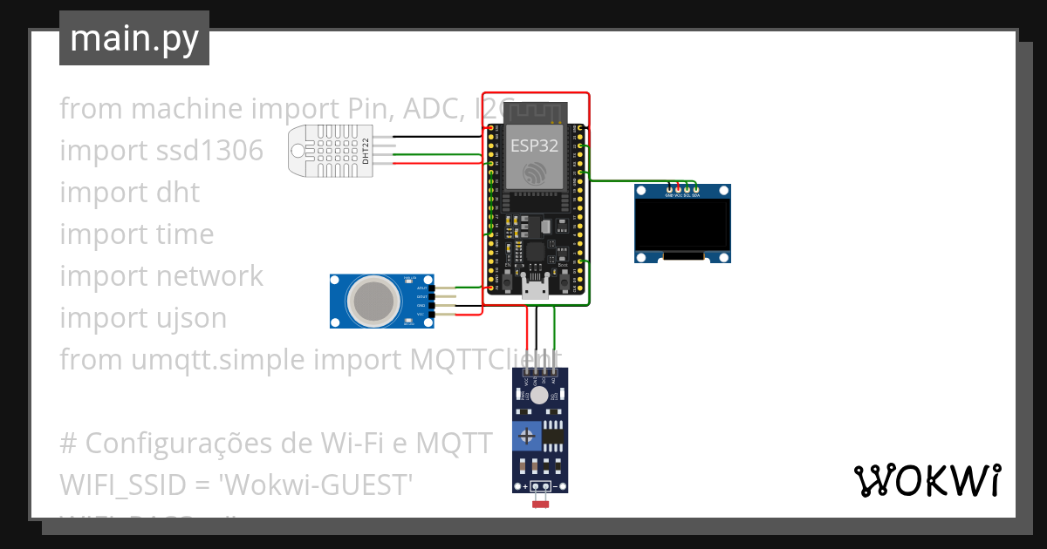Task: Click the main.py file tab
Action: [134, 39]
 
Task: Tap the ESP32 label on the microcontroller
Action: [534, 146]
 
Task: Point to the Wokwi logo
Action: [927, 479]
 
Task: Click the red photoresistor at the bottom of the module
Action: [541, 503]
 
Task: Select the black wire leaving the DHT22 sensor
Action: [436, 137]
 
